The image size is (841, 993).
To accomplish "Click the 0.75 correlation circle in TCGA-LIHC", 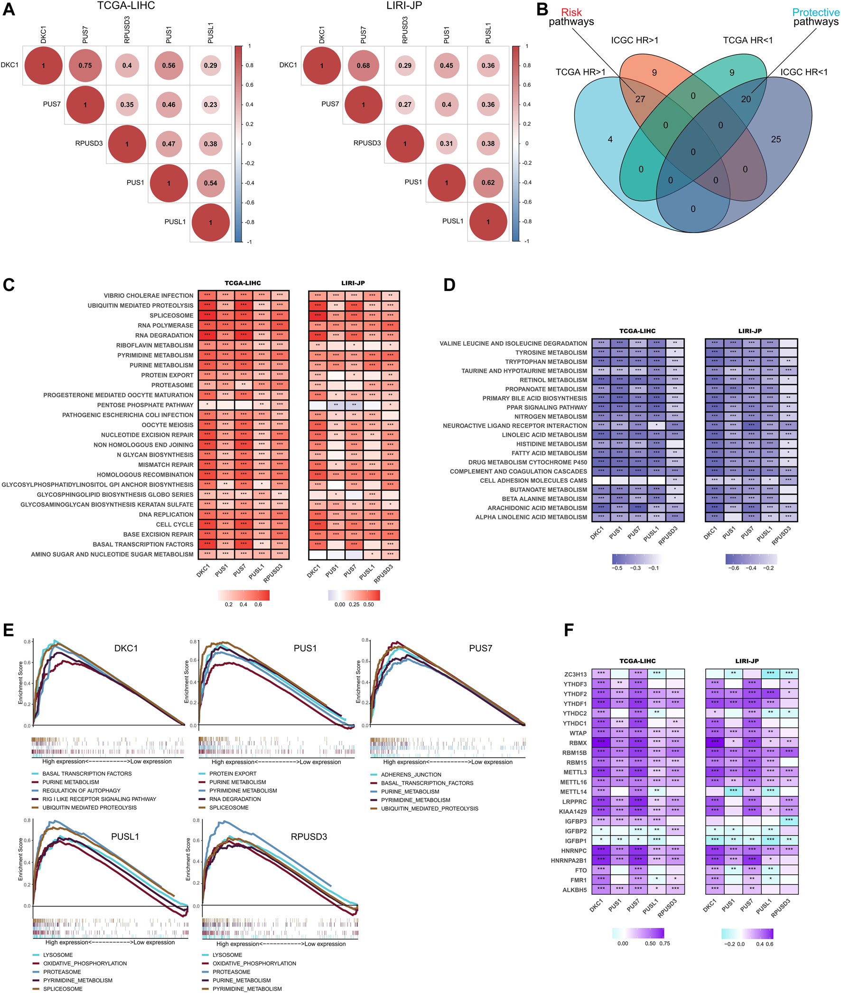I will coord(85,66).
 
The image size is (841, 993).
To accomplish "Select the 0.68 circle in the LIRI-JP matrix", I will coord(363,66).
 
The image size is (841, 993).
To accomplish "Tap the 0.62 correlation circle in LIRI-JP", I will coord(488,183).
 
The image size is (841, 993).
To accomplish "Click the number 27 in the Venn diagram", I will coord(640,99).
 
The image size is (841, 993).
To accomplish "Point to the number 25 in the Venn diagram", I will coord(776,139).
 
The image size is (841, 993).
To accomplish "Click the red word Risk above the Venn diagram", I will coord(571,12).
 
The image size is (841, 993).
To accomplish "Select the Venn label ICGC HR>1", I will coord(635,40).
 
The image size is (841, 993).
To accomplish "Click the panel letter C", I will coord(9,285).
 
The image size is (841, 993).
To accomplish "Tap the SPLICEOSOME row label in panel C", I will coord(171,316).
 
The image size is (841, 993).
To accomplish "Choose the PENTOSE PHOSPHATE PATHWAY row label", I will coord(145,405).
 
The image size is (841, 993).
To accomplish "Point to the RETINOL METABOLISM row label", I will coord(553,380).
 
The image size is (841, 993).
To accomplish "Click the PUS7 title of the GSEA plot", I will coord(480,648).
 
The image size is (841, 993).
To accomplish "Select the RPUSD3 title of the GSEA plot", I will coord(308,837).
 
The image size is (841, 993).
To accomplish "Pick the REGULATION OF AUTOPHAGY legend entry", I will coord(81,790).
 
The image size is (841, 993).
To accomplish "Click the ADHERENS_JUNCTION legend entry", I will coord(411,775).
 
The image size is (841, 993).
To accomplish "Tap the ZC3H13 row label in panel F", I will coord(575,674).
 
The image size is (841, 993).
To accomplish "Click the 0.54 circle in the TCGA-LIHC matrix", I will coord(210,183).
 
